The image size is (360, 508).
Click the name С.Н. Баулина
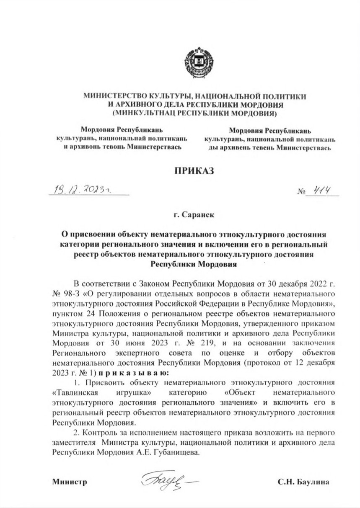pos(304,482)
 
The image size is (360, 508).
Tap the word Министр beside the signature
pos(69,482)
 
